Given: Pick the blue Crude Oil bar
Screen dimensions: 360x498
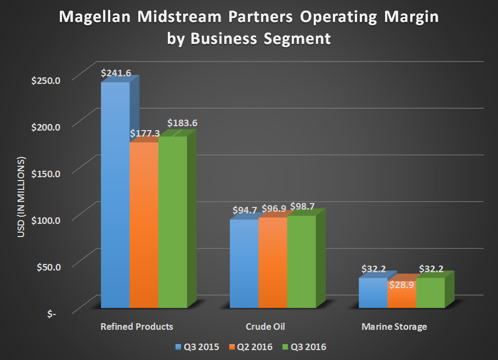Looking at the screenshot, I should pos(244,263).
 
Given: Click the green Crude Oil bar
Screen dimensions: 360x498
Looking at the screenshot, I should pos(301,261).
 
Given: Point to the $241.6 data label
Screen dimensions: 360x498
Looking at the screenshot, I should pos(116,72).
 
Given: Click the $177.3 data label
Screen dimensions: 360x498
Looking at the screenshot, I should pos(144,133).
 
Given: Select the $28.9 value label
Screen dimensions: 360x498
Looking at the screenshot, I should pos(402,285).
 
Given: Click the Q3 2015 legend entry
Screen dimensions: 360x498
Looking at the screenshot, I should pos(196,347).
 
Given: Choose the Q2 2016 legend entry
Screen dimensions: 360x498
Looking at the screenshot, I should pos(253,347).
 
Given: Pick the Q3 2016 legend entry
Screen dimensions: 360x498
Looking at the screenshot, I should pos(310,347).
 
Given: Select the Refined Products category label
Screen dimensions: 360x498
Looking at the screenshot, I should pos(137,327).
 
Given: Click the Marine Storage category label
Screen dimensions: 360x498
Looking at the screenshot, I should pos(394,327).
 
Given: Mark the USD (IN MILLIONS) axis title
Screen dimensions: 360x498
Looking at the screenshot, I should pos(21,198).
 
